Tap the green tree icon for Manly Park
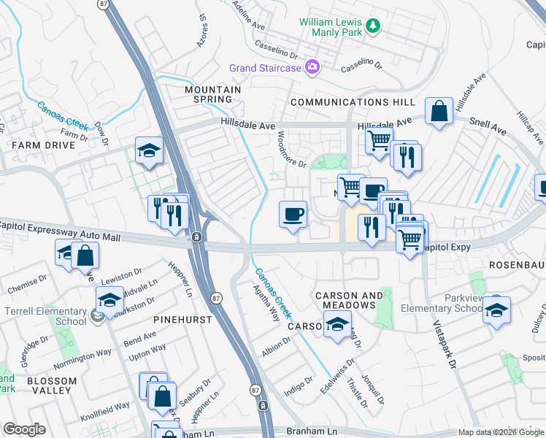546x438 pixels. pos(374,26)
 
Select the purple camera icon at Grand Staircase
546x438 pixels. pos(312,67)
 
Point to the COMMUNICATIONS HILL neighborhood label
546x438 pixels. pos(353,102)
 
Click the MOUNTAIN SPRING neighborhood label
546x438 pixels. pos(212,94)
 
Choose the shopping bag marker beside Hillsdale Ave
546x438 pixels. pos(439,112)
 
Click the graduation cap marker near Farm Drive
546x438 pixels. pos(149,150)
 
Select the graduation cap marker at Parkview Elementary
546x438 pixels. pos(496,309)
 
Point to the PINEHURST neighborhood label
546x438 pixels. pos(183,320)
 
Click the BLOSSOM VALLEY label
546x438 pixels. pos(52,385)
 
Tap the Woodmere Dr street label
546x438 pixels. pos(291,148)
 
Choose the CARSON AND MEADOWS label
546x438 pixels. pos(349,300)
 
